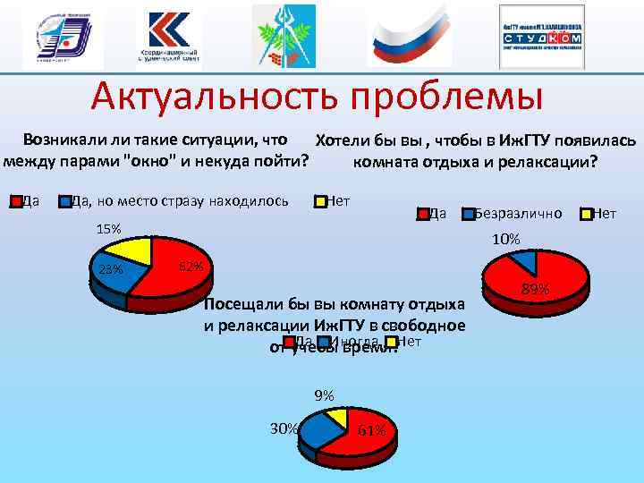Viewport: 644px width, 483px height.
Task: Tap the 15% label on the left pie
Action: pyautogui.click(x=108, y=229)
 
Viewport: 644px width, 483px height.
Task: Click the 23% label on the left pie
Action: pyautogui.click(x=110, y=270)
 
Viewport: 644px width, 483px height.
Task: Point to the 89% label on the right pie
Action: pyautogui.click(x=534, y=288)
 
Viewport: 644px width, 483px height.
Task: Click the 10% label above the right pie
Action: pyautogui.click(x=505, y=239)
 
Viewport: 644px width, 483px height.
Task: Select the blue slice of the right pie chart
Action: pyautogui.click(x=527, y=259)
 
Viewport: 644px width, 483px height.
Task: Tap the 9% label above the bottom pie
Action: pyautogui.click(x=324, y=395)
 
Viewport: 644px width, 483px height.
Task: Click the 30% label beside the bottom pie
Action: pyautogui.click(x=284, y=428)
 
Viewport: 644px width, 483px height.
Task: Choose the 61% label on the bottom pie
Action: pyautogui.click(x=371, y=430)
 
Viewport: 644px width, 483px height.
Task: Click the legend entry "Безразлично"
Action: pyautogui.click(x=518, y=213)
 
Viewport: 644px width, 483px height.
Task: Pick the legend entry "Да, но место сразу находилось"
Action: pyautogui.click(x=179, y=200)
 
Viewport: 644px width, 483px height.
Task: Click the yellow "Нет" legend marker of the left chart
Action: pyautogui.click(x=319, y=200)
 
